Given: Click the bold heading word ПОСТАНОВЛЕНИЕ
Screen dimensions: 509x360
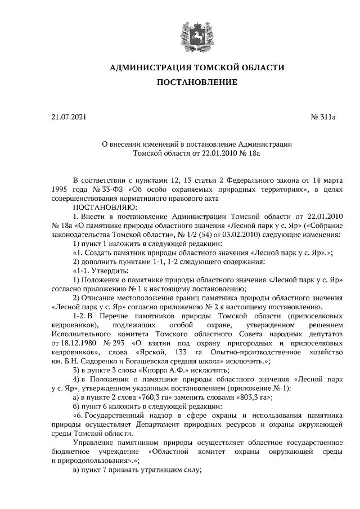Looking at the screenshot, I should [196, 83].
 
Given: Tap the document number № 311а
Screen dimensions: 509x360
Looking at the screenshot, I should [323, 117].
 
